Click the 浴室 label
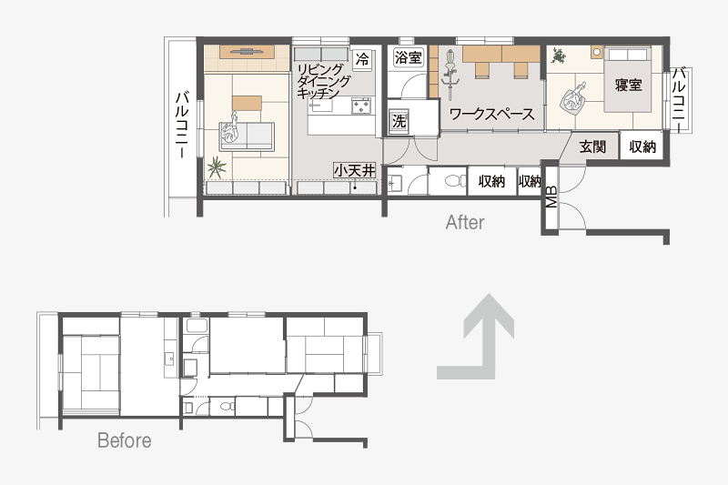tap(408, 57)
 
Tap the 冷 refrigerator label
tap(362, 59)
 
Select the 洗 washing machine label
tap(399, 121)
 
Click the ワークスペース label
tap(491, 114)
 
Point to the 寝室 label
tap(628, 85)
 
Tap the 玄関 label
tap(593, 147)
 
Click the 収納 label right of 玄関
tap(642, 147)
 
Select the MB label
tap(551, 197)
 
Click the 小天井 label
tap(354, 170)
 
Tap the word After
tap(465, 222)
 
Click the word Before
tap(125, 440)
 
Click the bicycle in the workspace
tap(450, 75)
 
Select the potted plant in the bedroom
tap(559, 56)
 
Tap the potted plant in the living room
tap(217, 167)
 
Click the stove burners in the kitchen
tap(360, 106)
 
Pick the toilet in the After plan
tap(456, 180)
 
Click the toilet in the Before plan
tap(227, 407)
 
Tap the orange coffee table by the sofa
tap(247, 103)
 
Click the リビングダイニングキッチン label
tap(323, 82)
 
